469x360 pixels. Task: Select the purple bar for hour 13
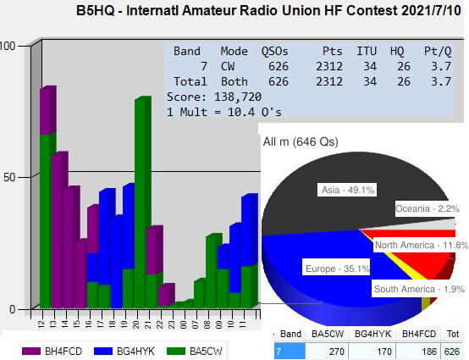58,230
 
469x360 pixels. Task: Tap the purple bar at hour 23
165,295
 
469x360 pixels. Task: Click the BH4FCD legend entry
52,351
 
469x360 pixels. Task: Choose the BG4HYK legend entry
124,351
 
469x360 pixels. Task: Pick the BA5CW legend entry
195,351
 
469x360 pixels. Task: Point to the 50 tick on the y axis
8,177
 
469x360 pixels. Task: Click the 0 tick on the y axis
12,309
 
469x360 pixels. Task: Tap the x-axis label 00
183,324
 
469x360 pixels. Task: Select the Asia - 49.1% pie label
347,190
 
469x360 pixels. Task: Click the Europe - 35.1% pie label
337,269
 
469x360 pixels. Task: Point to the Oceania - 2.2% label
428,208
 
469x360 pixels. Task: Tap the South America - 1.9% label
419,289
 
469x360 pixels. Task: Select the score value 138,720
238,97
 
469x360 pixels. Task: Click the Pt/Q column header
438,52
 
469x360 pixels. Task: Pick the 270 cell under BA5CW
337,352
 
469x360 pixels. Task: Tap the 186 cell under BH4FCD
428,352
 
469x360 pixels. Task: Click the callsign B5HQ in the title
96,11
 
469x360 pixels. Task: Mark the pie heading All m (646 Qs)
301,141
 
